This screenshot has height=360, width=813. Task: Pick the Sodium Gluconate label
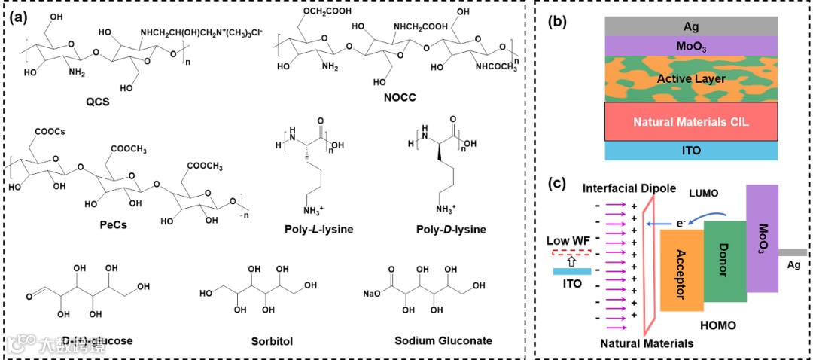point(444,340)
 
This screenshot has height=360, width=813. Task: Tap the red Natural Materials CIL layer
point(690,121)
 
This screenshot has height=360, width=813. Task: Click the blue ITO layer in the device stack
point(690,151)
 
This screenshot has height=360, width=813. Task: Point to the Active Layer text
point(690,78)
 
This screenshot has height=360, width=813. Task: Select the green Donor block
point(723,260)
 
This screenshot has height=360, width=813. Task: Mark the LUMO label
point(705,192)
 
